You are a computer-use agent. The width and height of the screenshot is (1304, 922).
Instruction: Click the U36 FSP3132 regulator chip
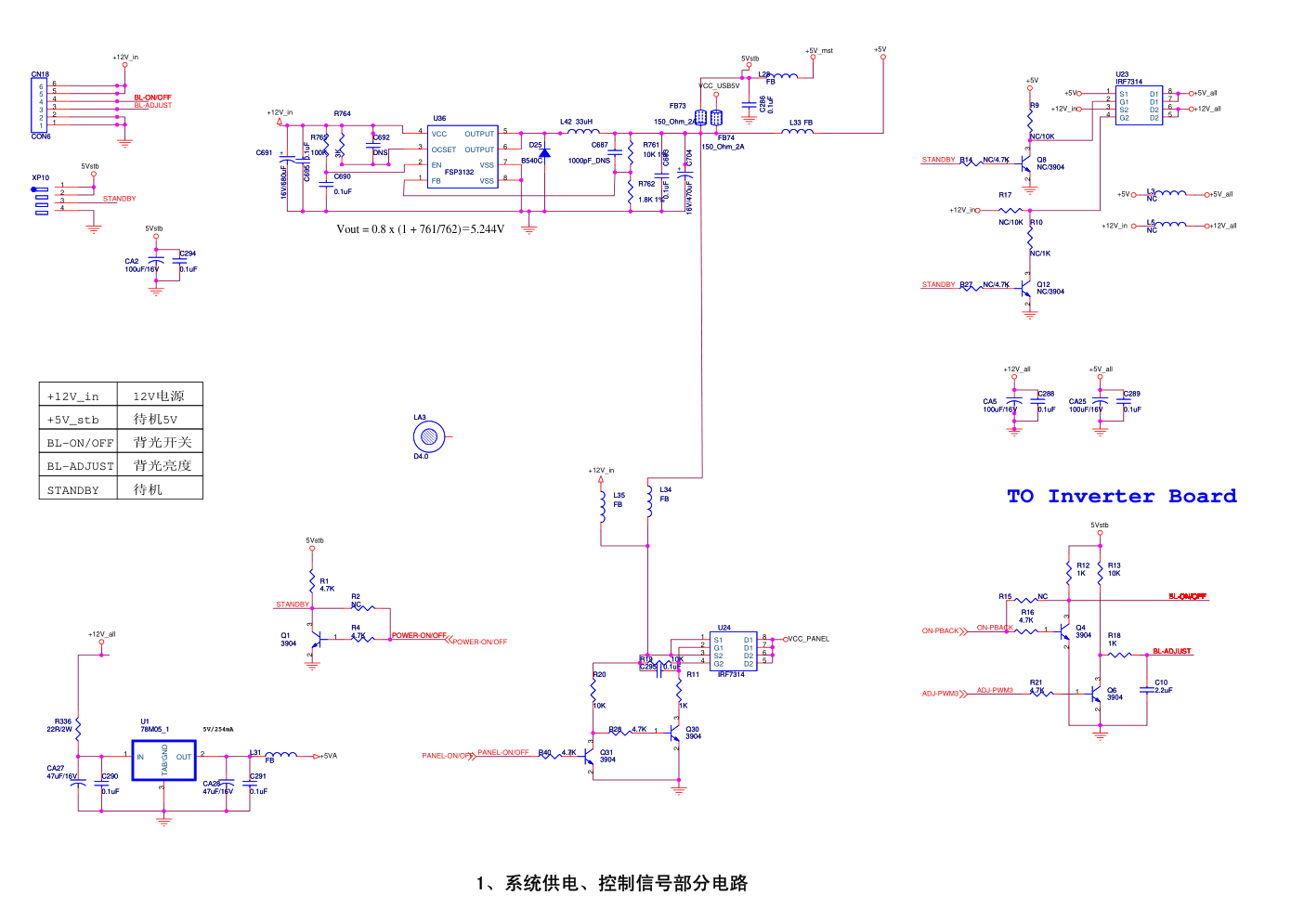click(x=463, y=157)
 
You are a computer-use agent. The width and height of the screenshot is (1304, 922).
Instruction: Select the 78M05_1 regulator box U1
click(x=163, y=760)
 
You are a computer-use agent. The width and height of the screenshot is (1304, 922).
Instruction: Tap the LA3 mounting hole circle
click(x=428, y=436)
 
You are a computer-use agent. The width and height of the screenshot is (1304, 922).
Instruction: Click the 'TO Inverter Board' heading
click(x=1121, y=497)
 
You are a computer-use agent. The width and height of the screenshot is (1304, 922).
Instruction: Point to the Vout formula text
click(x=420, y=229)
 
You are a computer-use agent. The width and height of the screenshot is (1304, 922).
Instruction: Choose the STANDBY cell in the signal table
click(x=78, y=489)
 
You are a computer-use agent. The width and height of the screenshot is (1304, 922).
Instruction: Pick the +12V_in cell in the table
click(x=78, y=396)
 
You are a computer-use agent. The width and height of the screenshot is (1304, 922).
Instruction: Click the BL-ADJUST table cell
click(x=78, y=466)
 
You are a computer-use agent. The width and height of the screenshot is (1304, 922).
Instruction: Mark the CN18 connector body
click(x=40, y=105)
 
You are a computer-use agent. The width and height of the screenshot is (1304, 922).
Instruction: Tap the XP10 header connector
click(x=42, y=200)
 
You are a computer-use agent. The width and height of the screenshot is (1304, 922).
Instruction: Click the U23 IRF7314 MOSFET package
click(x=1138, y=106)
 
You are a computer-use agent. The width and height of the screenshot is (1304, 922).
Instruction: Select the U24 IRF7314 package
click(x=733, y=651)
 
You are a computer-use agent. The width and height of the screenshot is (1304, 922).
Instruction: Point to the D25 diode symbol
click(x=544, y=152)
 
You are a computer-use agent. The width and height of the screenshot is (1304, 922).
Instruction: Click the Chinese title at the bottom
click(x=612, y=884)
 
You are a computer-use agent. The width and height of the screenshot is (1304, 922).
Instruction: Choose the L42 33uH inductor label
click(x=576, y=122)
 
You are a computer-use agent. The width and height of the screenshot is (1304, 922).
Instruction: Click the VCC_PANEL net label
click(x=808, y=639)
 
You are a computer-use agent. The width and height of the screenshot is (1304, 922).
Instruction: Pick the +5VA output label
click(x=329, y=756)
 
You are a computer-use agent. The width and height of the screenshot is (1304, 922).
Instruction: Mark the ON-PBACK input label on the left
click(x=940, y=631)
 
